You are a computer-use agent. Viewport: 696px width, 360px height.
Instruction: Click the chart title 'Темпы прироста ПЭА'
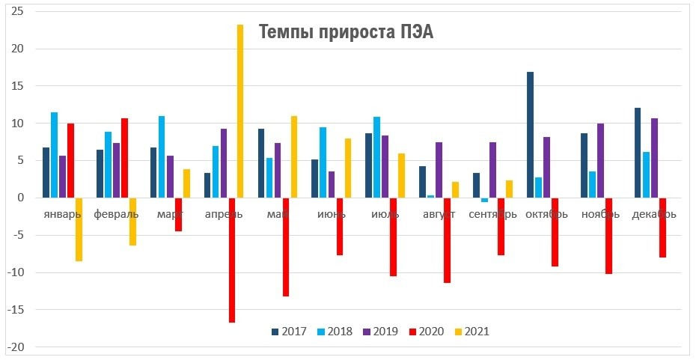click(346, 32)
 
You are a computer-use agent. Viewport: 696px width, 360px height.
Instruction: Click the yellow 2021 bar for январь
click(79, 229)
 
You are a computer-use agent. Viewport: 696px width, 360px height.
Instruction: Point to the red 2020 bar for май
click(286, 247)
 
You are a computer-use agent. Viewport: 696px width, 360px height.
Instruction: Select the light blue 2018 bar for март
click(162, 156)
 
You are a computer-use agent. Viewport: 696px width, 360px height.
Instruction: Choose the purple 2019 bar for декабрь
click(654, 158)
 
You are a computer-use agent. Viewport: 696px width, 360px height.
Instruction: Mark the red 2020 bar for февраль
click(124, 158)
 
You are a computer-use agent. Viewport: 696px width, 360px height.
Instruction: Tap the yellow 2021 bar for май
click(294, 156)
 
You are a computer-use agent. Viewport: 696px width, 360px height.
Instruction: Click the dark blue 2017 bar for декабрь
click(638, 153)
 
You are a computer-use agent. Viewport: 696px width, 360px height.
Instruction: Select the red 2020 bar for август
click(447, 240)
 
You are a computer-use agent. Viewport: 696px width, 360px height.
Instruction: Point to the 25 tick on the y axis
click(16, 12)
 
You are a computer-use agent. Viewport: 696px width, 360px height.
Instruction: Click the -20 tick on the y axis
click(15, 347)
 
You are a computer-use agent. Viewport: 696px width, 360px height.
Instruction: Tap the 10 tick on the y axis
click(16, 123)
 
